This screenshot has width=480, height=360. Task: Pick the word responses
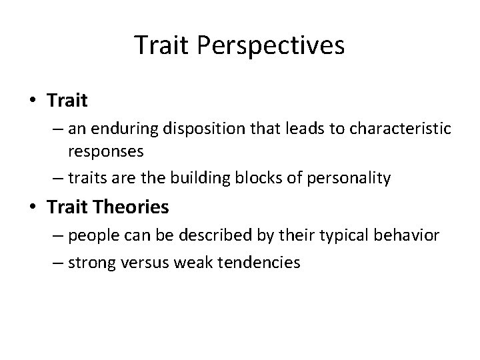click(x=105, y=151)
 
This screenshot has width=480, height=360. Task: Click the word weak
click(x=190, y=263)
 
